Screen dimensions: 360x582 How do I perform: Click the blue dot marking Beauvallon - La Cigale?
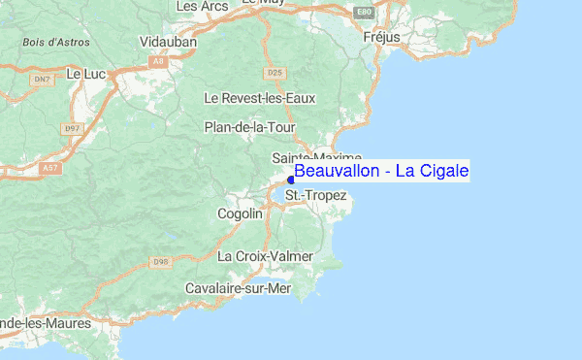(291, 179)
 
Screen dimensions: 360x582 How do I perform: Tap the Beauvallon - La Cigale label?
(381, 172)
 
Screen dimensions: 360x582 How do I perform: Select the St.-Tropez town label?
(316, 196)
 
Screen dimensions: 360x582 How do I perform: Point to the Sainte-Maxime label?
(316, 157)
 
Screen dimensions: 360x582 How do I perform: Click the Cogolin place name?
(240, 213)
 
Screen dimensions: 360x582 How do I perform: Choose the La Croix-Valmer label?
(265, 256)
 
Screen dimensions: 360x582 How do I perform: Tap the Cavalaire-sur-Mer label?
(239, 288)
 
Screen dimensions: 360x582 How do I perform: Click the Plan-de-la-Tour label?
(243, 127)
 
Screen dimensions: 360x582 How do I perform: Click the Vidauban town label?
(168, 43)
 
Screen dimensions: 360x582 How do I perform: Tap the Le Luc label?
(85, 73)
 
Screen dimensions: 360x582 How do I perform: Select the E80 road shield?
(363, 12)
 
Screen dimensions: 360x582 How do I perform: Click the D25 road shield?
(275, 73)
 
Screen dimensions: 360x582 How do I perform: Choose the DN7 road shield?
(41, 78)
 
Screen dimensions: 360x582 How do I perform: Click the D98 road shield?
(160, 262)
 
